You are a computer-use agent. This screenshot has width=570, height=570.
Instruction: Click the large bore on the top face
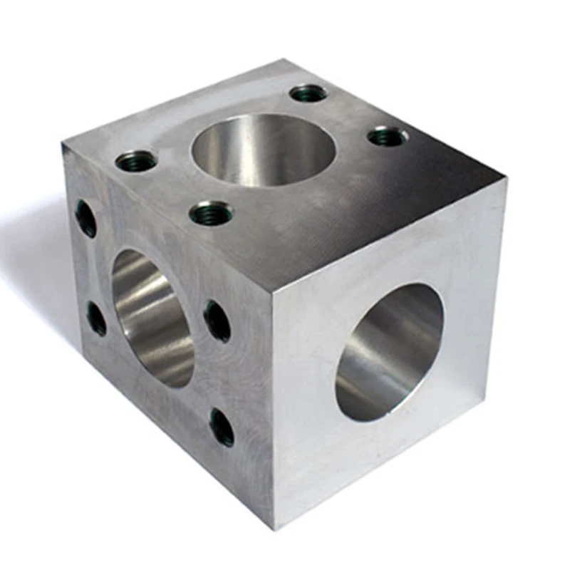pyautogui.click(x=264, y=150)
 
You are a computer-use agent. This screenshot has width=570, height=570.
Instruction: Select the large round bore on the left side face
pyautogui.click(x=152, y=318)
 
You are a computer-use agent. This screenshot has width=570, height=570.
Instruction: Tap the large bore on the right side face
pyautogui.click(x=389, y=352)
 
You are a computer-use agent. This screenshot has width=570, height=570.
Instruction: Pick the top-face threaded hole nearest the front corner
pyautogui.click(x=211, y=212)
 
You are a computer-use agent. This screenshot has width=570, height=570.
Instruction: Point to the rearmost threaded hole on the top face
pyautogui.click(x=309, y=93)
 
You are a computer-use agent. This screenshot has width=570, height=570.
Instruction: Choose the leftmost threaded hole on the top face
pyautogui.click(x=136, y=161)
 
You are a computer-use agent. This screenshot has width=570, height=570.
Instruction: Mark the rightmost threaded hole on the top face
pyautogui.click(x=388, y=135)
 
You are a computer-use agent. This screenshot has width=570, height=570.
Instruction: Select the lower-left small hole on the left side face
pyautogui.click(x=96, y=318)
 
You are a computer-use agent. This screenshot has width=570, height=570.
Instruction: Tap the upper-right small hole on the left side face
pyautogui.click(x=217, y=321)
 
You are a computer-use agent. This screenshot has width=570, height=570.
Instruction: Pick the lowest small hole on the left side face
pyautogui.click(x=222, y=427)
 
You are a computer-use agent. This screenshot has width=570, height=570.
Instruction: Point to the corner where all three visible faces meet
pyautogui.click(x=272, y=293)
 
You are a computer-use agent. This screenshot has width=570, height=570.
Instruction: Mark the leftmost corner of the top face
pyautogui.click(x=63, y=145)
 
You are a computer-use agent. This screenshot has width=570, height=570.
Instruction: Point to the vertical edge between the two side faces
pyautogui.click(x=273, y=413)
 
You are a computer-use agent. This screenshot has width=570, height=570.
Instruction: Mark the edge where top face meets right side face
pyautogui.click(x=392, y=235)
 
